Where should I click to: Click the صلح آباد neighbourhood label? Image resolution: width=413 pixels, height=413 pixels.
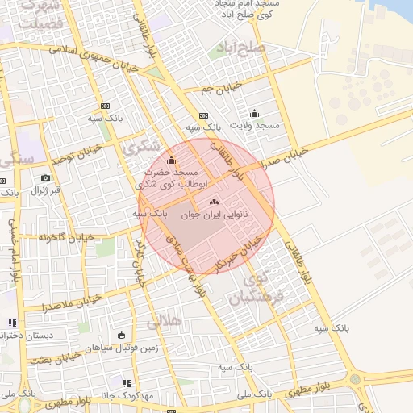(x=245, y=46)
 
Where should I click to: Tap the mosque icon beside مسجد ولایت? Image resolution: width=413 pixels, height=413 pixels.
(x=255, y=113)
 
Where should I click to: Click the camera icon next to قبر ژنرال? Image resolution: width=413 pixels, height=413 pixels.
(x=45, y=177)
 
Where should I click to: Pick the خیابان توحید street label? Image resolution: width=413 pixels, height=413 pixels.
(x=79, y=153)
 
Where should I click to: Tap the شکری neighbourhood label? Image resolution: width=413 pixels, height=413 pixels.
(x=142, y=148)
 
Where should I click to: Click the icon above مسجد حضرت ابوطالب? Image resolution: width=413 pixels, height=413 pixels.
(x=171, y=160)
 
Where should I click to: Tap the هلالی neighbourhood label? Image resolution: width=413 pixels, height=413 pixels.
(x=164, y=323)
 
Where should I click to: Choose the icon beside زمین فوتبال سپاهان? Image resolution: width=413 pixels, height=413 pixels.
(x=121, y=335)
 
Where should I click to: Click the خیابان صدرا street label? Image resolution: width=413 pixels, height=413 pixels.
(x=291, y=154)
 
